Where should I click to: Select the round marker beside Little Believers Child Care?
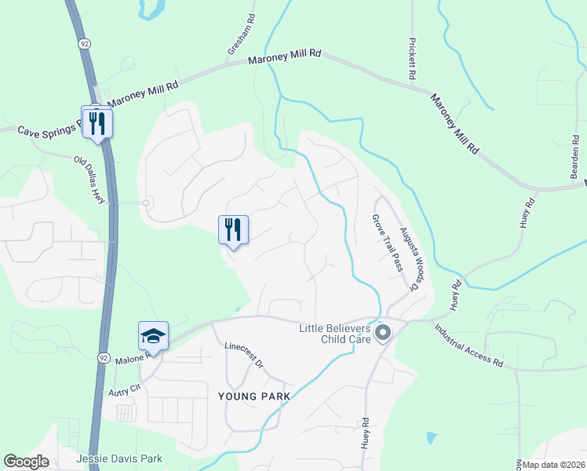coord(383,334)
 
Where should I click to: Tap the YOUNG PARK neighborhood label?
coord(250,396)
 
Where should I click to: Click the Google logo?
coord(27,462)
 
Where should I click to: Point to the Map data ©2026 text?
coord(553,465)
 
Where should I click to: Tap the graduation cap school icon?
coord(154,337)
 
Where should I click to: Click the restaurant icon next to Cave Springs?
coord(97,123)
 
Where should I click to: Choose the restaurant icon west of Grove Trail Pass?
coord(233,230)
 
